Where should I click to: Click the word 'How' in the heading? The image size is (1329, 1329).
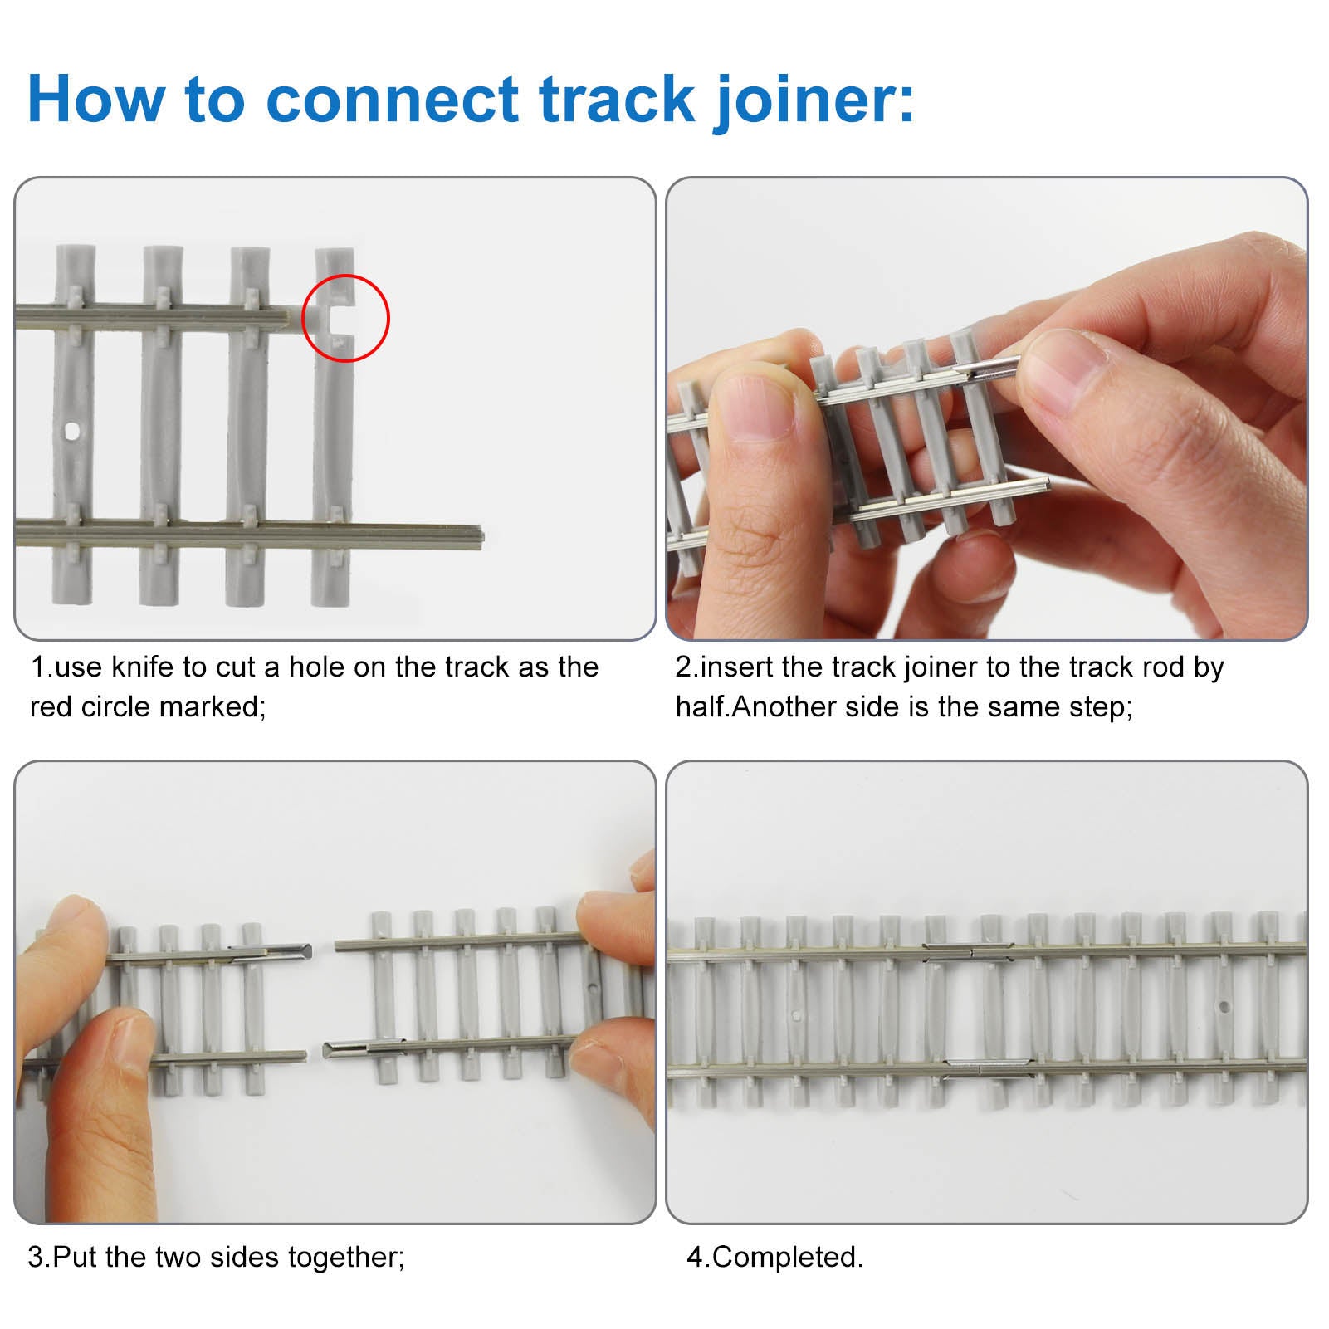(95, 100)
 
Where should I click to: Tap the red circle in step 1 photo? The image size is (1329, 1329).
(345, 318)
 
